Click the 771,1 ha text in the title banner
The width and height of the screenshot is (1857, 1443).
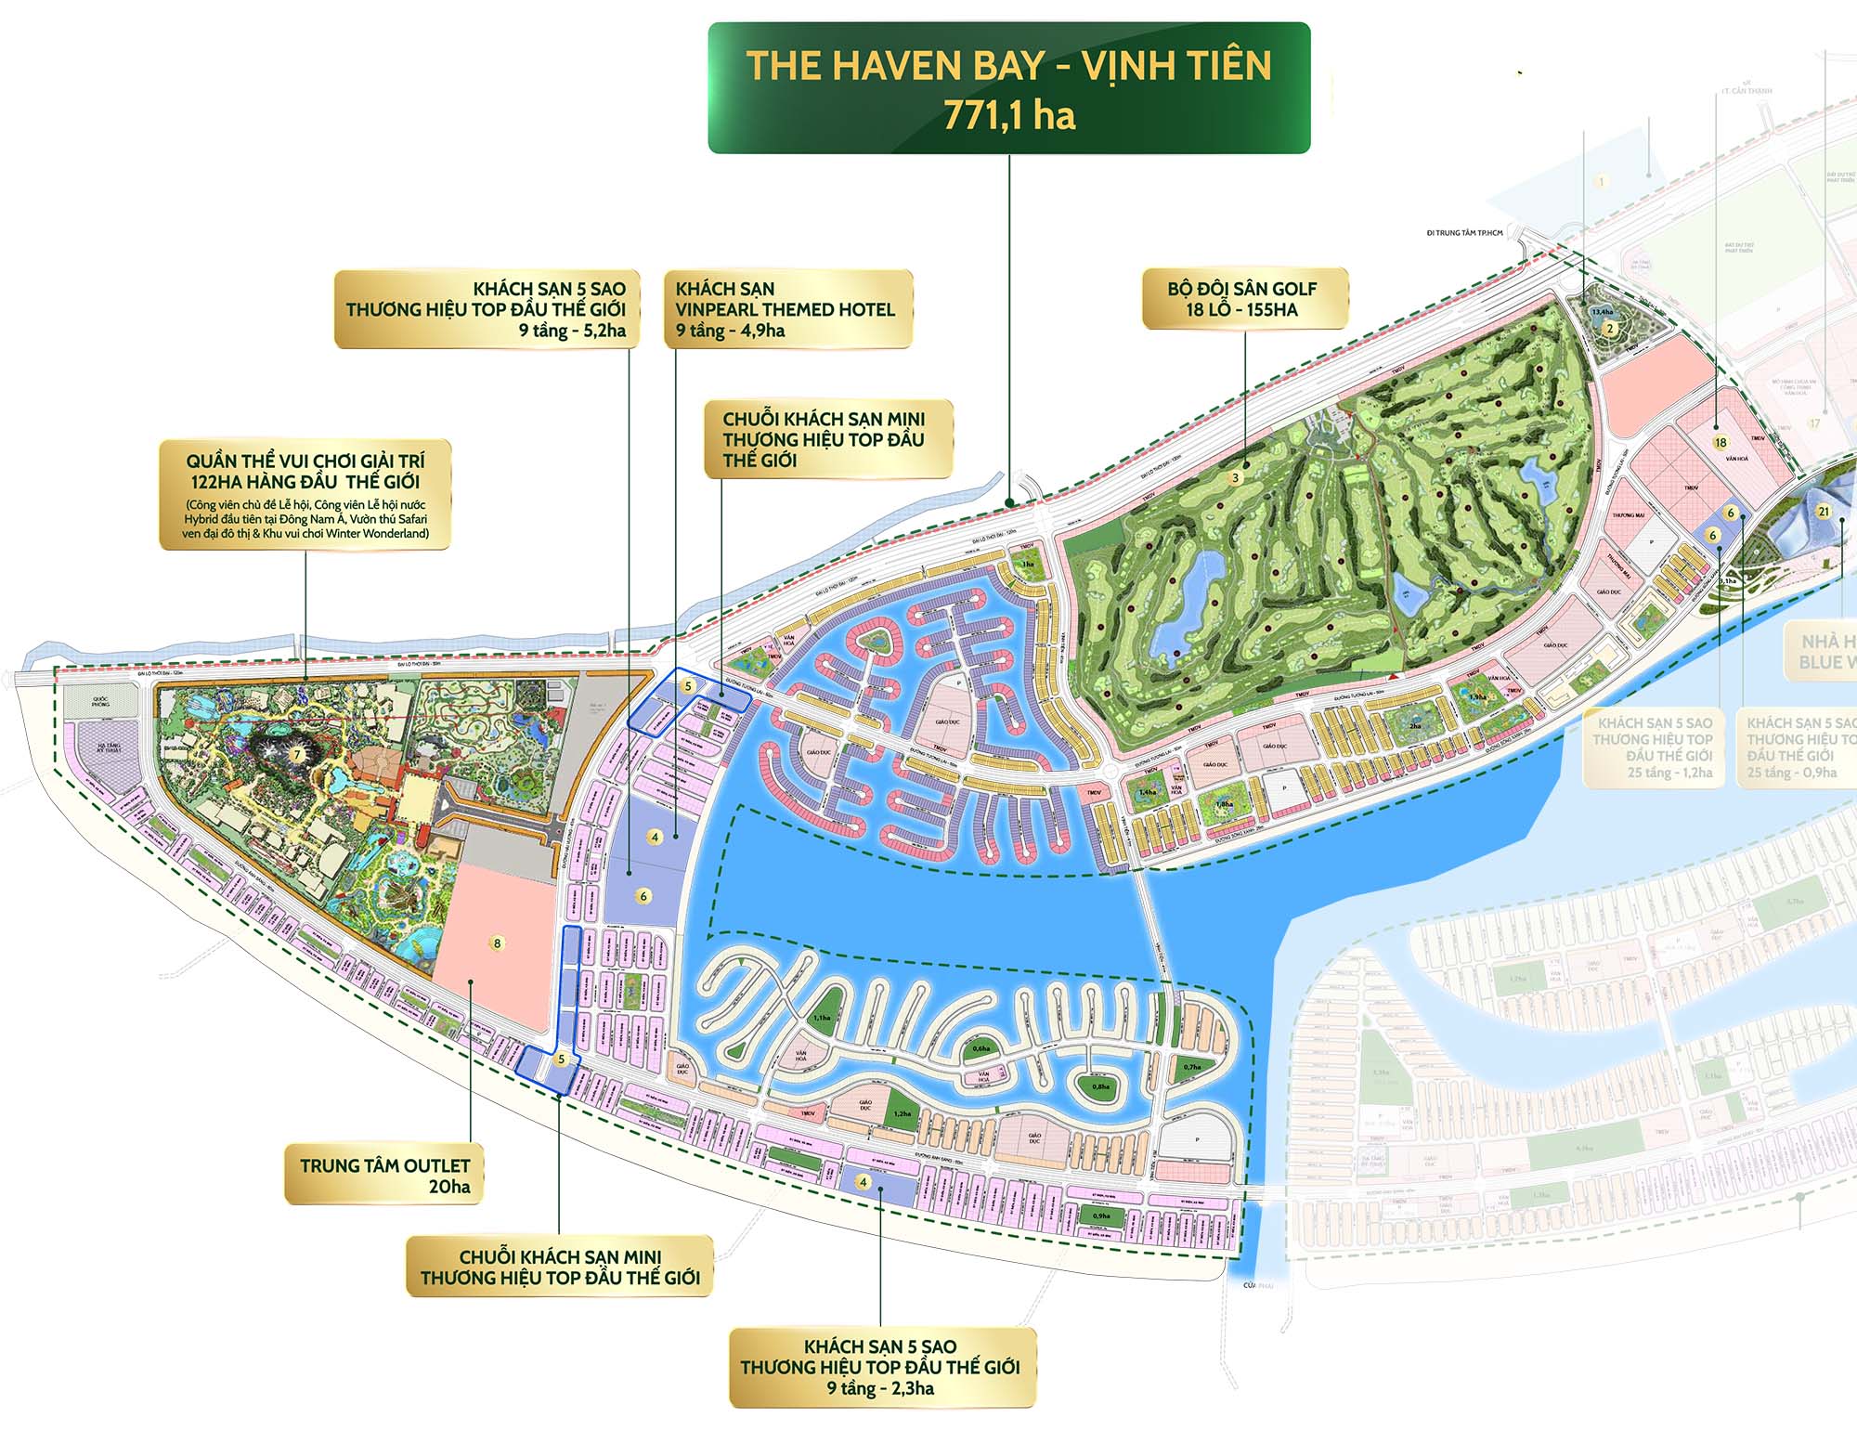(x=1009, y=116)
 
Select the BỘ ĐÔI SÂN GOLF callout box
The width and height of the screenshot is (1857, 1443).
(x=1243, y=299)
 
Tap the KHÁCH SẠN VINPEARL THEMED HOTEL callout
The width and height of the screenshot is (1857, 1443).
(x=786, y=309)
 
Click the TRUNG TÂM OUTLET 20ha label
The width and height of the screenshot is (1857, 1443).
(x=384, y=1176)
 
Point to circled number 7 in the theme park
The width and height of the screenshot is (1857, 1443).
(x=297, y=755)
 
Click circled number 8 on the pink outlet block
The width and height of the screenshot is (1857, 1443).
(x=498, y=943)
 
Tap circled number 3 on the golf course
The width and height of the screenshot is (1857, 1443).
(x=1235, y=478)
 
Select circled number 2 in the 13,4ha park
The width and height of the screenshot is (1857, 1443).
(x=1611, y=328)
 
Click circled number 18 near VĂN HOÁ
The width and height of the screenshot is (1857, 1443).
(x=1721, y=443)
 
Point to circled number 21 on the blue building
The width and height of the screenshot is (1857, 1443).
(x=1824, y=512)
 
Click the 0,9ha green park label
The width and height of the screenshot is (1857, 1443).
(x=1101, y=1215)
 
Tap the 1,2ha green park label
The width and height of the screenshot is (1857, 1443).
(x=902, y=1113)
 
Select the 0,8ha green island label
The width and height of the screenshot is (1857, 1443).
(x=1100, y=1086)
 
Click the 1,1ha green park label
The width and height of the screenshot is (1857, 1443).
(x=822, y=1018)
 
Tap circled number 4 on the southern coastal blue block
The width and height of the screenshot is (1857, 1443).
(x=864, y=1182)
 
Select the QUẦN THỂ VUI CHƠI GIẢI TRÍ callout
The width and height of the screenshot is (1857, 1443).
(x=305, y=494)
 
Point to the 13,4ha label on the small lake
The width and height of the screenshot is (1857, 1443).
(x=1603, y=313)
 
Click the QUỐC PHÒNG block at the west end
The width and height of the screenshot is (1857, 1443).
(x=100, y=703)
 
